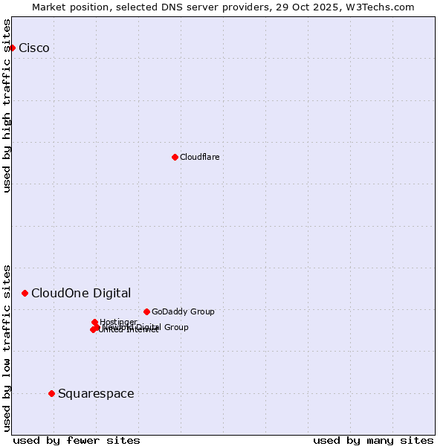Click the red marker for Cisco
[12, 48]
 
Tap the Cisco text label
[34, 48]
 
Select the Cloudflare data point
[175, 157]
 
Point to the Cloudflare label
[200, 157]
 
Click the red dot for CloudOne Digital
[25, 293]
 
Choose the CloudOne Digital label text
[81, 293]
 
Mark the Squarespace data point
[51, 393]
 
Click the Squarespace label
[96, 394]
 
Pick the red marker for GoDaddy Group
[146, 311]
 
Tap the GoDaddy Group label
[183, 311]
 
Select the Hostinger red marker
[94, 322]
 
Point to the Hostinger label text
[119, 322]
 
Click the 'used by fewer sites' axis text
[77, 440]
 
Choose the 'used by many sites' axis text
[373, 440]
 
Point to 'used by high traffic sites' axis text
[7, 106]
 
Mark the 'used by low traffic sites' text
[7, 348]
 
